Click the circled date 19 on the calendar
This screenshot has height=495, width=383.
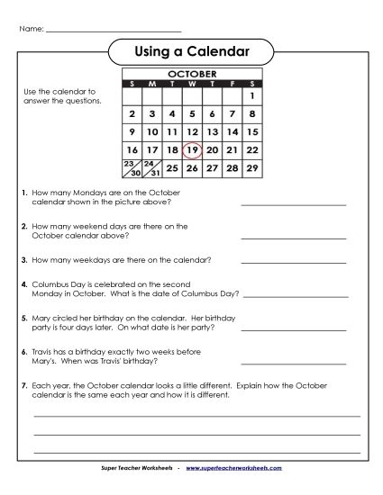[191, 149]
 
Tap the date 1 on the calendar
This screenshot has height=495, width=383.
[252, 95]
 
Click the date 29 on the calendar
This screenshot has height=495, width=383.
[252, 168]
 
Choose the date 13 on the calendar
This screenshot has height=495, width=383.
[212, 131]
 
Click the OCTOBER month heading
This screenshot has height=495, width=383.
[192, 73]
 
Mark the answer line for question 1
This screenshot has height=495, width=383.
[294, 205]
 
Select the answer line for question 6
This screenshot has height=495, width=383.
[294, 366]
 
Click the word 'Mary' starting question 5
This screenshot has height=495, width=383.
[40, 319]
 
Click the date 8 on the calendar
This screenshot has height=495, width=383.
[252, 114]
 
